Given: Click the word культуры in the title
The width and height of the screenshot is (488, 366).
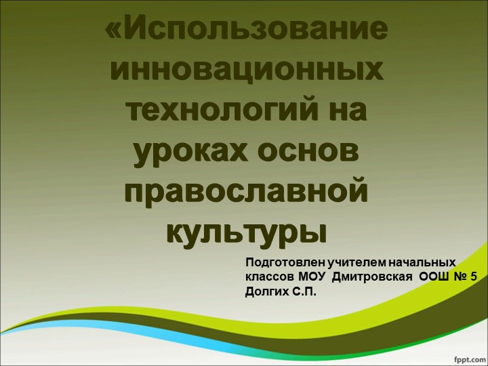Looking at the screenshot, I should (246, 228).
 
